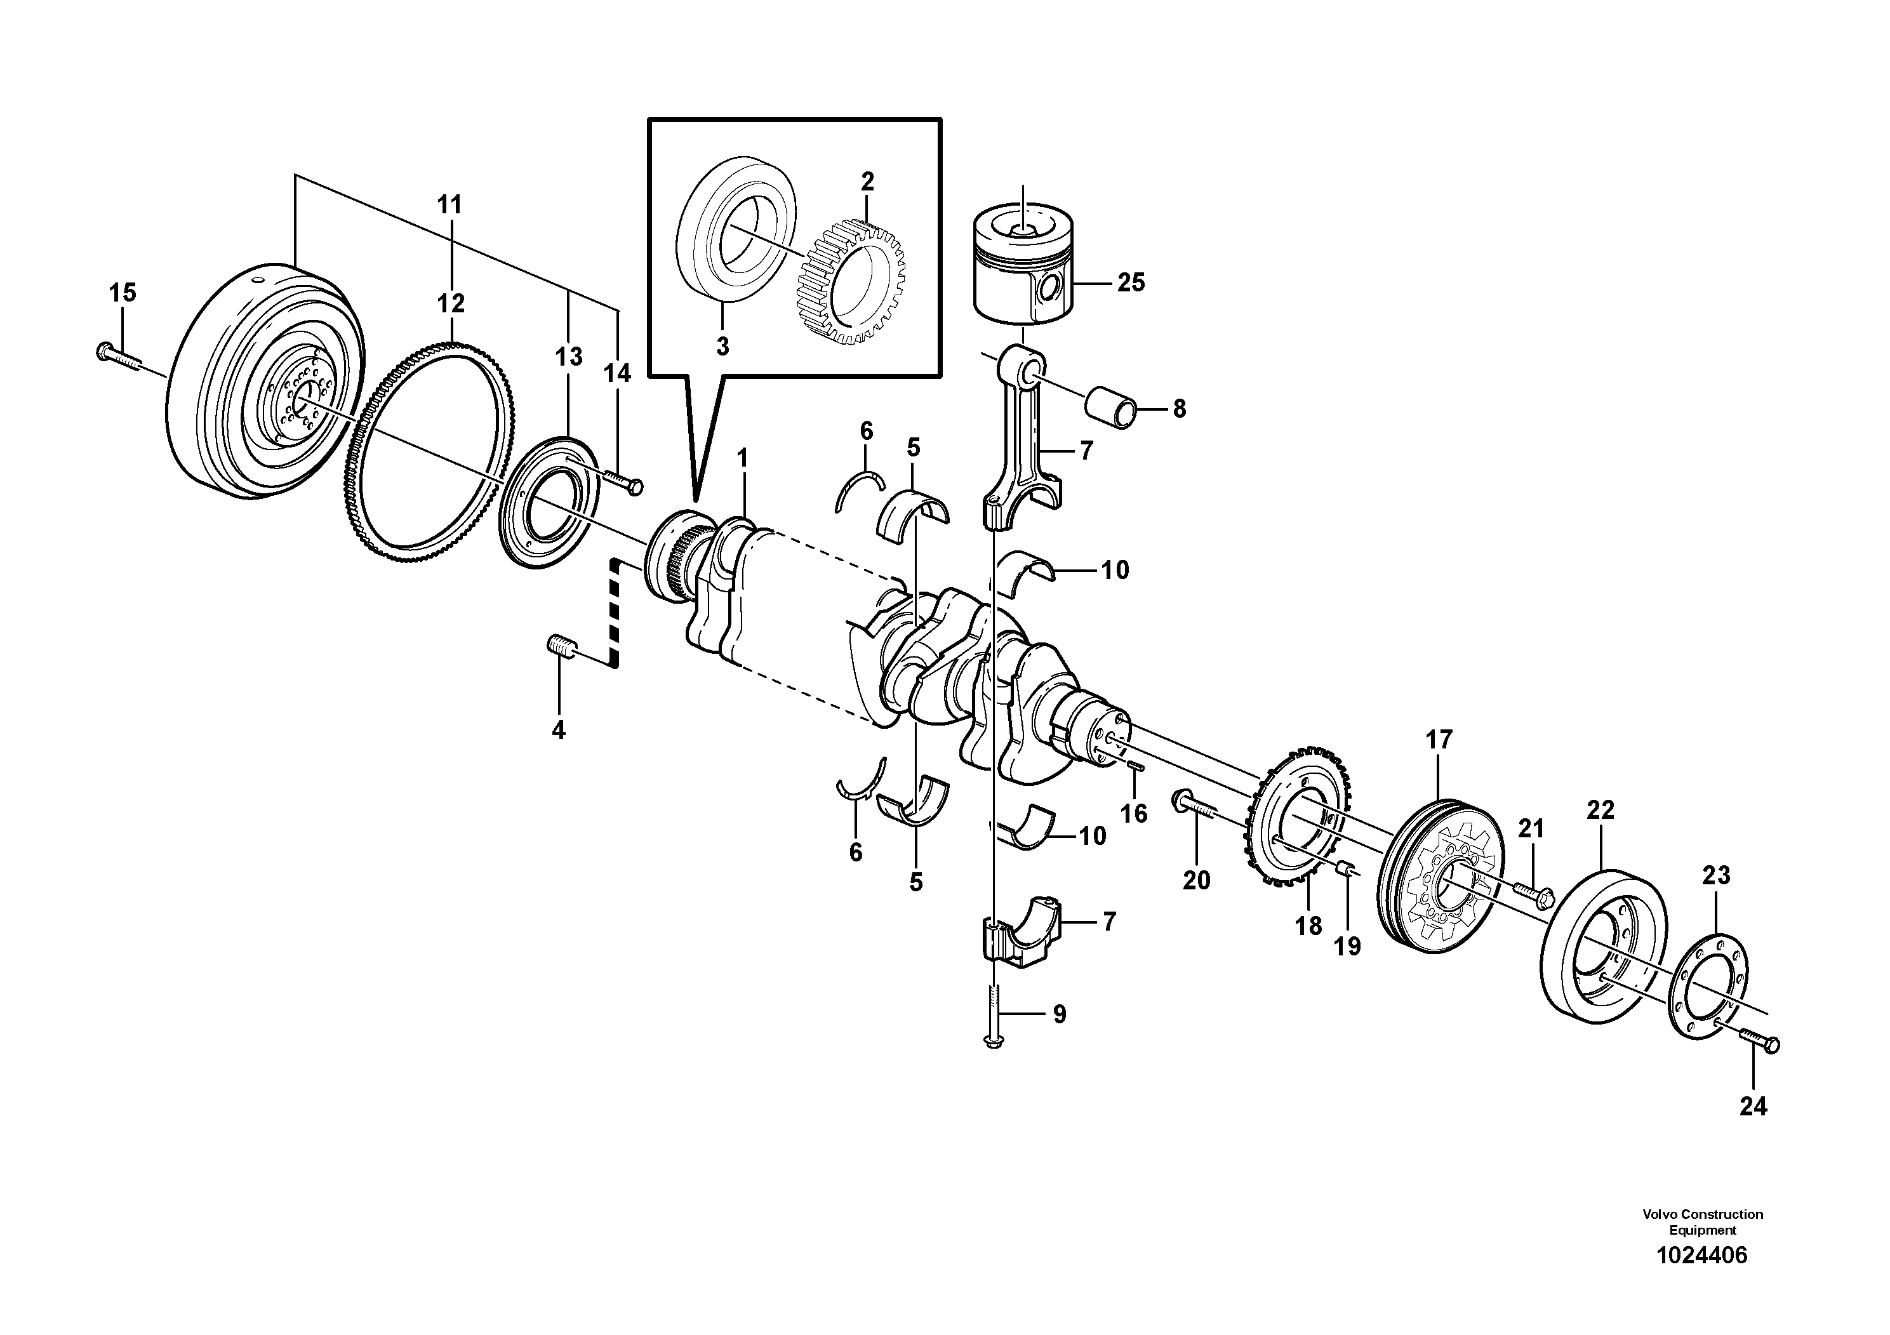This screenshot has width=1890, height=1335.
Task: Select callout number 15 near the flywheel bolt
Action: (123, 292)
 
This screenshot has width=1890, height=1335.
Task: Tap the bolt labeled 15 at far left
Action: (117, 356)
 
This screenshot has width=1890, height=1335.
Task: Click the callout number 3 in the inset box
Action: (722, 347)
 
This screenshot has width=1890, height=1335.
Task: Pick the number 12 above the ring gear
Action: (450, 303)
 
